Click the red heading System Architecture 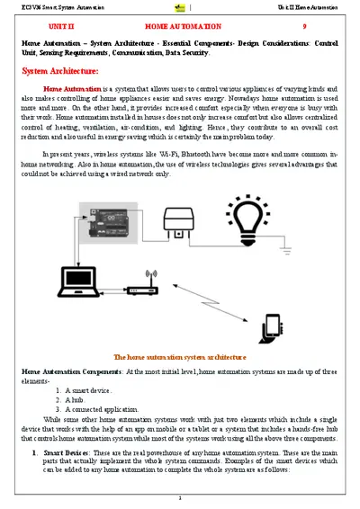click(x=60, y=70)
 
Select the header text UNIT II click(x=61, y=27)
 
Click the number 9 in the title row click(x=304, y=27)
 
